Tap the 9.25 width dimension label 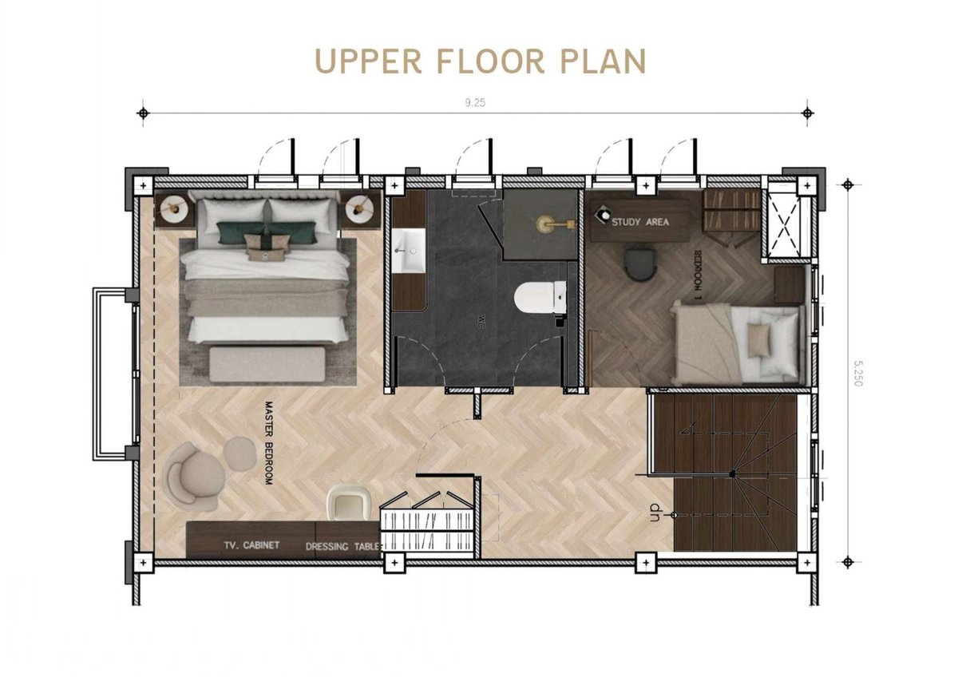pyautogui.click(x=474, y=102)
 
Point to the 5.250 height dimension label pyautogui.click(x=857, y=370)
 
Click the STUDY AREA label pyautogui.click(x=640, y=222)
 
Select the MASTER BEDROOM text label pyautogui.click(x=268, y=443)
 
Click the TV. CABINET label pyautogui.click(x=251, y=545)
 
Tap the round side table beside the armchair pyautogui.click(x=236, y=451)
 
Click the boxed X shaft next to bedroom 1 pyautogui.click(x=783, y=225)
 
